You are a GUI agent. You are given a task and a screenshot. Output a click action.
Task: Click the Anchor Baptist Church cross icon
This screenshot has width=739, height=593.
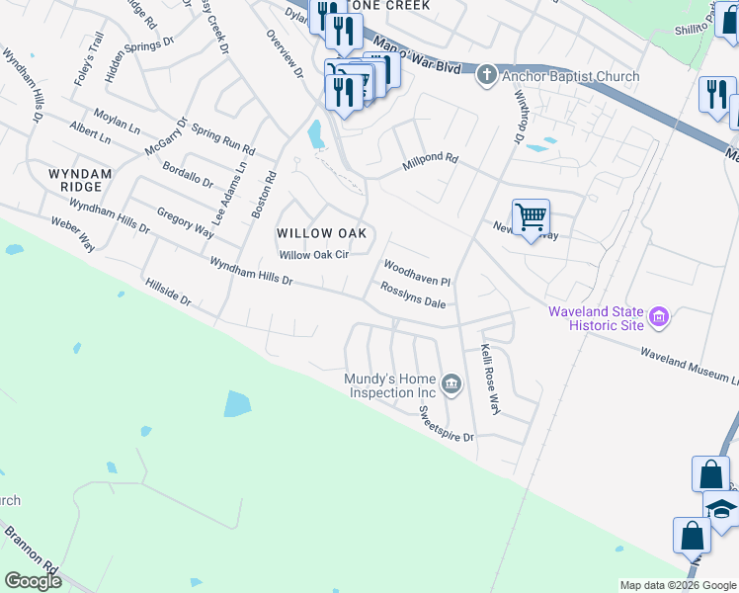click(485, 76)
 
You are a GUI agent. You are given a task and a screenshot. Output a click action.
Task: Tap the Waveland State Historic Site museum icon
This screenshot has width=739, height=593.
click(660, 319)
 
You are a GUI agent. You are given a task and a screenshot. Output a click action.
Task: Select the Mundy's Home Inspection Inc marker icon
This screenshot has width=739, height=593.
click(452, 385)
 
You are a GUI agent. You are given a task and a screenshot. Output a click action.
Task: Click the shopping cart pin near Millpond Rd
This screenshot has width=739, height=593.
click(531, 217)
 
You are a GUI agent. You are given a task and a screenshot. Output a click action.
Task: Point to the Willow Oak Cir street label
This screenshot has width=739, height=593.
click(314, 255)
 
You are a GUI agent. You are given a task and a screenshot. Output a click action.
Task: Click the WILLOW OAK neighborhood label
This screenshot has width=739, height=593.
click(322, 233)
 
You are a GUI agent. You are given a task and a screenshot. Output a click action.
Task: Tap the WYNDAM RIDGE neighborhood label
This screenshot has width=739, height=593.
click(74, 180)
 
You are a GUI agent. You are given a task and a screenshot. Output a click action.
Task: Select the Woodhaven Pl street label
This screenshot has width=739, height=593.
click(417, 274)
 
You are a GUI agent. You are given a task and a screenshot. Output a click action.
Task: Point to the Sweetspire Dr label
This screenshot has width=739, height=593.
click(446, 423)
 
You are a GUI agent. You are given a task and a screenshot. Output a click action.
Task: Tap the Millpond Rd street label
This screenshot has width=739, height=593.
click(431, 162)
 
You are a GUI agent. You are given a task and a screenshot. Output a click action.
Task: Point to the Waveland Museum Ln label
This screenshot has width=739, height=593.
click(689, 366)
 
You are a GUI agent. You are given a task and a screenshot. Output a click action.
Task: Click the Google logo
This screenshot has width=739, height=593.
click(33, 581)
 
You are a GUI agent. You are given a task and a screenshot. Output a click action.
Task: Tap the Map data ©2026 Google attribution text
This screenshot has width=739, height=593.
click(677, 585)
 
